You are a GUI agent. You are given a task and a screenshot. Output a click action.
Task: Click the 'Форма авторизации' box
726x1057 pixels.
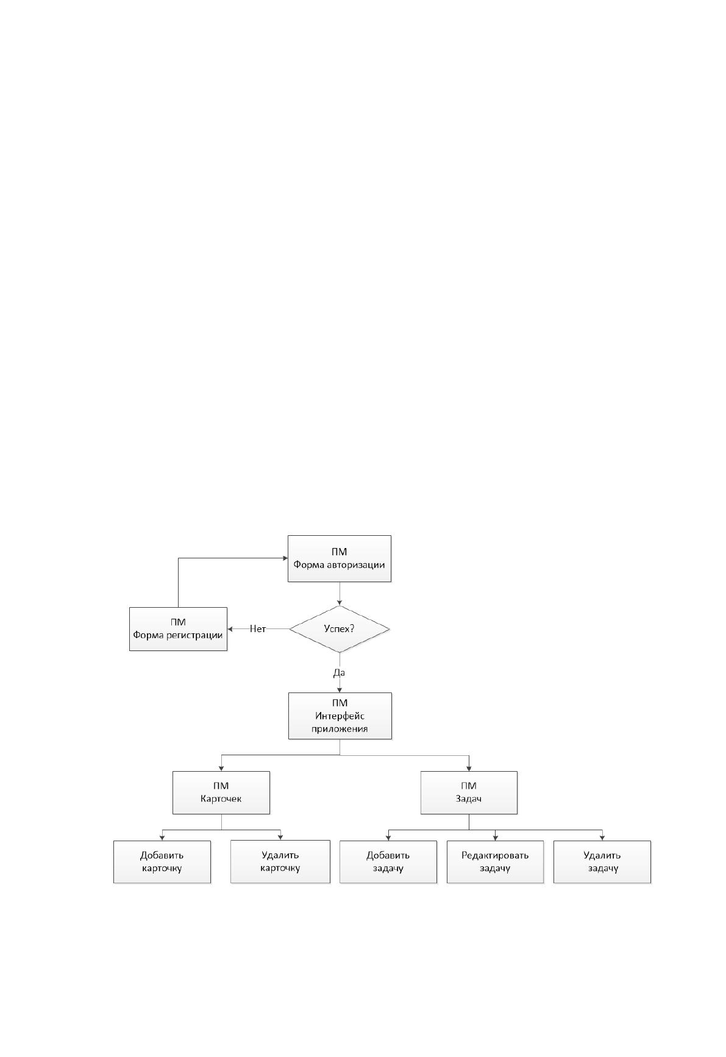tap(339, 558)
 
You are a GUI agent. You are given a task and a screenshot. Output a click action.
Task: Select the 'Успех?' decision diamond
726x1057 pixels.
tap(339, 628)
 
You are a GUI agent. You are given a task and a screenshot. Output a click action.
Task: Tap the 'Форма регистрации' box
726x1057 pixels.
tap(178, 628)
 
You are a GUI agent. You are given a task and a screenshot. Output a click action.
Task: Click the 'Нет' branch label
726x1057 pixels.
tap(258, 628)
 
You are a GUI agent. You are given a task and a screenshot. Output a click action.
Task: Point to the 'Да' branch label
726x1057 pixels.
tap(339, 673)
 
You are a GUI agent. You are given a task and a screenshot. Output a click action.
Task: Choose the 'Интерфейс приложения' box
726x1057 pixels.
tap(340, 716)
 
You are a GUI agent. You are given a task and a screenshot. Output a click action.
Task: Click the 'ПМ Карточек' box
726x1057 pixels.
tap(221, 792)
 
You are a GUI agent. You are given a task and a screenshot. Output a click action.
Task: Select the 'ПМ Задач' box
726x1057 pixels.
tap(469, 792)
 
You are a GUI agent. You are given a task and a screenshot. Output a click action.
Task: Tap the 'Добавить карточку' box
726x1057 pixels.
tap(162, 862)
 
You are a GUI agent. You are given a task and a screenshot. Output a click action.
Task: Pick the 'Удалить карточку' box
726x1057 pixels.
tap(280, 862)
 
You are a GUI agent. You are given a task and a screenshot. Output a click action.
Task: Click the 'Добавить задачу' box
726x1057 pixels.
tap(388, 862)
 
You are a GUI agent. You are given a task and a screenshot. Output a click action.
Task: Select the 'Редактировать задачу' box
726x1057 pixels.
tap(495, 862)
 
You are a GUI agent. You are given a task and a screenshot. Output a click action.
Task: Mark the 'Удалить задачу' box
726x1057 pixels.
tap(602, 862)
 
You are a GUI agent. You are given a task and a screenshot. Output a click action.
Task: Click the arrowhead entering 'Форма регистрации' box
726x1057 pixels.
tap(230, 628)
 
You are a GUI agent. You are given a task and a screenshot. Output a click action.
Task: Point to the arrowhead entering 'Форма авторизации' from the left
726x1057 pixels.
tap(285, 558)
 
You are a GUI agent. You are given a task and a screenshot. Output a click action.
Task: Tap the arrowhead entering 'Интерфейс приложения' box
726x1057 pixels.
tap(340, 689)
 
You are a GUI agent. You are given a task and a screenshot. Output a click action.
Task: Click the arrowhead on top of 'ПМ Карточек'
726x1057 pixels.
tap(221, 768)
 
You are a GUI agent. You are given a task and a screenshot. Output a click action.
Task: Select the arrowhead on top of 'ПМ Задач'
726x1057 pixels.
tap(469, 768)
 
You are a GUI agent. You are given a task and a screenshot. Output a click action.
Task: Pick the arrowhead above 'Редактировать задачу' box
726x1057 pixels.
tap(495, 838)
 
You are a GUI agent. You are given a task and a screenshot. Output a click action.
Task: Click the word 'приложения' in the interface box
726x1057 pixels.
tap(340, 728)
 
